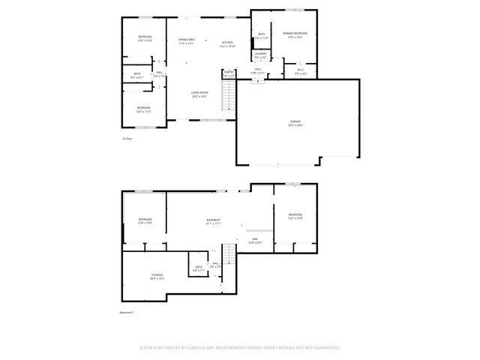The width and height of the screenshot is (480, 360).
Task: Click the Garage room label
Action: point(295,124)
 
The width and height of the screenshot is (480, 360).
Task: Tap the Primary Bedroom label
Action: point(294,35)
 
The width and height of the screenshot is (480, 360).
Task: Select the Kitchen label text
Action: point(227,44)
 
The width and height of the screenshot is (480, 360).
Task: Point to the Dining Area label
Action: point(186,41)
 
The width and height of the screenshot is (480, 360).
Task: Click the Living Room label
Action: point(199,94)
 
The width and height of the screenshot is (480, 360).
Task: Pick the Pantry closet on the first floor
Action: point(228,73)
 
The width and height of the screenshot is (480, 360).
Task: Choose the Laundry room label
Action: point(260,55)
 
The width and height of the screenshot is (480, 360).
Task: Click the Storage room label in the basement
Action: point(157,276)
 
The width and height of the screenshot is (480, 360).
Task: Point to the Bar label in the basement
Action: point(255,240)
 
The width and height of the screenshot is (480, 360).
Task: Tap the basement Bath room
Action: point(199,268)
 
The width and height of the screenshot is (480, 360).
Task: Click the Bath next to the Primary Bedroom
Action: point(262,36)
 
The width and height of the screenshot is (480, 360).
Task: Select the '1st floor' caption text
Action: point(127,139)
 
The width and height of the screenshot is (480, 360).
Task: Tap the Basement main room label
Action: point(214,221)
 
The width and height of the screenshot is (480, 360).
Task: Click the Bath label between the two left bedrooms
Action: point(136,75)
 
